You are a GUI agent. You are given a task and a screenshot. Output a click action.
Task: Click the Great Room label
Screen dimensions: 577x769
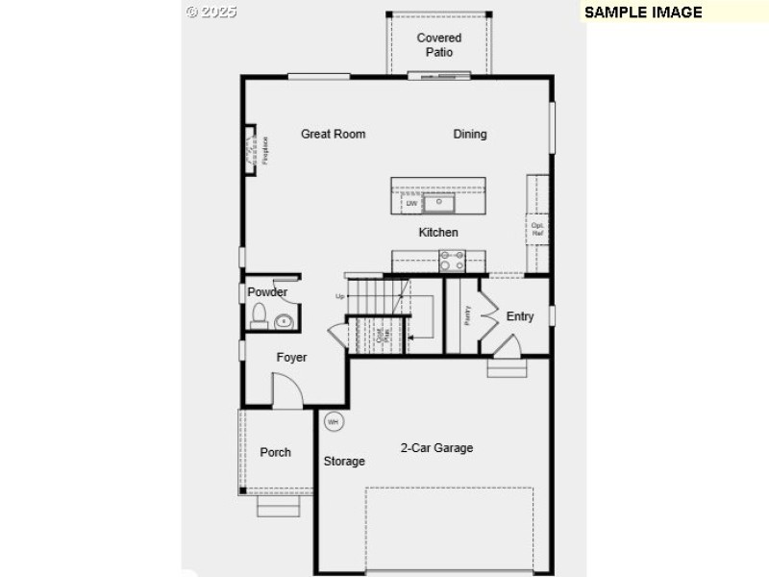[x=333, y=135]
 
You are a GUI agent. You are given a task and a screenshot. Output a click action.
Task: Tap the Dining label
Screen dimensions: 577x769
[x=470, y=135]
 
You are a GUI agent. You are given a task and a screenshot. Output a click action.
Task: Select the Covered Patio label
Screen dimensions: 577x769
[x=438, y=45]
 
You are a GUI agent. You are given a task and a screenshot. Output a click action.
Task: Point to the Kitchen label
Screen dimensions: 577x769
[x=438, y=233]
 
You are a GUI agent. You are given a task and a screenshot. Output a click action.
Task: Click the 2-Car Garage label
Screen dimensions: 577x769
[x=436, y=448]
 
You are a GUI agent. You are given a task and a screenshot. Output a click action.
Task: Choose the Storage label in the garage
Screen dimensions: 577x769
[x=344, y=462]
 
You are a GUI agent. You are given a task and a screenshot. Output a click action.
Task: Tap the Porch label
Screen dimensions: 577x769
[x=276, y=453]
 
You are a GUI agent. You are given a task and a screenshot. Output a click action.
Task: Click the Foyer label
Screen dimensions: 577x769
[x=292, y=358]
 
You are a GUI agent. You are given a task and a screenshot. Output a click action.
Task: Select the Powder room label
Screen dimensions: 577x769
[x=267, y=292]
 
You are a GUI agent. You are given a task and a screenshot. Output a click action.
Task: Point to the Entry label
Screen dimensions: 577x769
[x=520, y=316]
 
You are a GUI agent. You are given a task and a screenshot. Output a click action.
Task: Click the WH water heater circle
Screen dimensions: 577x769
[x=334, y=421]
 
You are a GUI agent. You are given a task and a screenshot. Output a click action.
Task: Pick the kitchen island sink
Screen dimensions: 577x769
[x=441, y=203]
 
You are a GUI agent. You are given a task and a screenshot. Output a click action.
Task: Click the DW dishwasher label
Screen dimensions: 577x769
[x=411, y=204]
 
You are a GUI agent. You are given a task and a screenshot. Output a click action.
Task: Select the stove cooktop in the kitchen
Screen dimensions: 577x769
[x=452, y=261]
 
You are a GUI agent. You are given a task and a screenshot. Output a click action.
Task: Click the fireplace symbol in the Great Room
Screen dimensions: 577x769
[x=255, y=151]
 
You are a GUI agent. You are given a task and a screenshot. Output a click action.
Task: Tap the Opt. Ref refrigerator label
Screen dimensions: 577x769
[x=537, y=229]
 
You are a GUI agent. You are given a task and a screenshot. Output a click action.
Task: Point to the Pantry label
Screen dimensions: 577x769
[x=467, y=315]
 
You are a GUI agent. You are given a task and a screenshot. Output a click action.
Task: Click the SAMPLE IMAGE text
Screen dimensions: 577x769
[x=643, y=13]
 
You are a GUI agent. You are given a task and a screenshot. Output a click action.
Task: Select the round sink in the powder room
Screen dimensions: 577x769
[x=284, y=321]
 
